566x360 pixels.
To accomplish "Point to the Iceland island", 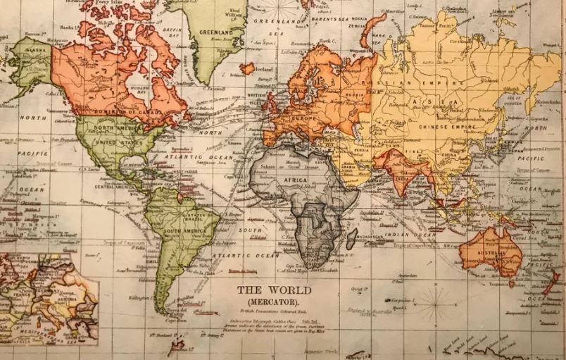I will (x=248, y=69).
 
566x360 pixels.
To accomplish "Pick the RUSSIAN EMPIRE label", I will (x=422, y=83).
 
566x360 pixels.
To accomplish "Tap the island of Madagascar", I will (x=351, y=237).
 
